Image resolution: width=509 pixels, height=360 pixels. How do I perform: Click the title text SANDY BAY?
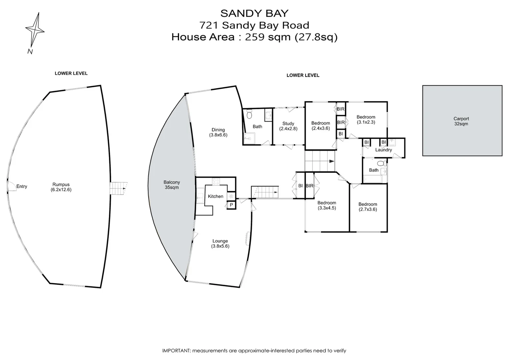(254, 13)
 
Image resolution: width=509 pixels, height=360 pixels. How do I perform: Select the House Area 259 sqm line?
(254, 37)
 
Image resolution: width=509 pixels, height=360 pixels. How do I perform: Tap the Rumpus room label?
(61, 187)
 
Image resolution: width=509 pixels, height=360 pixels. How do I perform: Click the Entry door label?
(22, 186)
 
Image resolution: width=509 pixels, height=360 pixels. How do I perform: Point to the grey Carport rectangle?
(462, 121)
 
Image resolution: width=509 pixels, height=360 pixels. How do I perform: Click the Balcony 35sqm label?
(172, 185)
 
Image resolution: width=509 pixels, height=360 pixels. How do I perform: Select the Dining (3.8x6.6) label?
(218, 132)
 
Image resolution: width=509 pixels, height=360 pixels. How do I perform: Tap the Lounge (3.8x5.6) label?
(220, 243)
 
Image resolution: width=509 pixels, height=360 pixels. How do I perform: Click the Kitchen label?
(216, 196)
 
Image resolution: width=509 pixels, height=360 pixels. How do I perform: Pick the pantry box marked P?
(231, 205)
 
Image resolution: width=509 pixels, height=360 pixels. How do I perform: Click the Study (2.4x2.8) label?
(288, 126)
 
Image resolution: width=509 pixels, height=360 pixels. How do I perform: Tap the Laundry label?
(383, 150)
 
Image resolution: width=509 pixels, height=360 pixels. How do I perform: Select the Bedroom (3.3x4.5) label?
(326, 205)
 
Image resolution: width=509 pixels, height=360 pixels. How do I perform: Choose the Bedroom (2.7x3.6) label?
(368, 207)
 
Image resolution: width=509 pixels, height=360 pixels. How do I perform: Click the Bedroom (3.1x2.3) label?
(366, 119)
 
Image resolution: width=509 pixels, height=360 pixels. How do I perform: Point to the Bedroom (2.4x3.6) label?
(320, 126)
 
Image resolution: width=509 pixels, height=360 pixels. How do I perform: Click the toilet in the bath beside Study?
(249, 115)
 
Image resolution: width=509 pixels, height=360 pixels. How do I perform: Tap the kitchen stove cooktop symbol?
(216, 182)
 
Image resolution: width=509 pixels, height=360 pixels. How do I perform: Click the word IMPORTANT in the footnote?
(176, 351)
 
